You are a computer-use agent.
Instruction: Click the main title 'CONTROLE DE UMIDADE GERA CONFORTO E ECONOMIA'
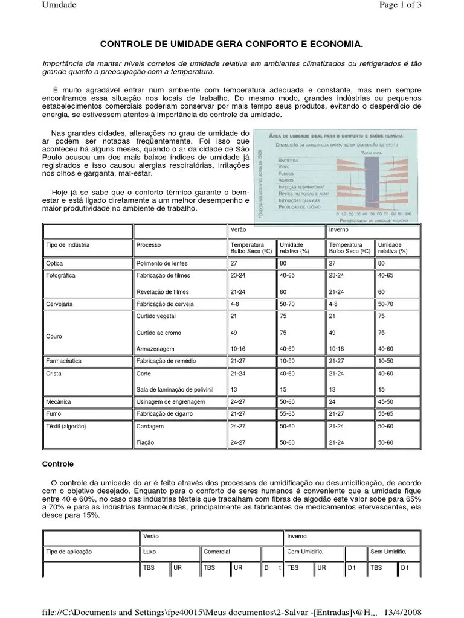pyautogui.click(x=231, y=45)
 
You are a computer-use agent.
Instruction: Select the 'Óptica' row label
pyautogui.click(x=54, y=264)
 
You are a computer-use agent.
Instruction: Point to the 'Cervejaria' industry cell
pyautogui.click(x=59, y=304)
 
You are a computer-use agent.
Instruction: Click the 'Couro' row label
pyautogui.click(x=54, y=336)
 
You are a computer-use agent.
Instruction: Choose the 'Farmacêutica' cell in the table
pyautogui.click(x=63, y=361)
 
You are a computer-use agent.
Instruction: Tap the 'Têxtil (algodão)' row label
pyautogui.click(x=66, y=426)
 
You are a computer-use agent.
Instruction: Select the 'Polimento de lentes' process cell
pyautogui.click(x=163, y=264)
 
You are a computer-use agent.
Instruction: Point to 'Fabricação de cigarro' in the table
pyautogui.click(x=165, y=414)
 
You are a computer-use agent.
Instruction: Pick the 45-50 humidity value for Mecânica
pyautogui.click(x=385, y=401)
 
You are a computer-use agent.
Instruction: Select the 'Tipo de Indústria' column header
pyautogui.click(x=68, y=245)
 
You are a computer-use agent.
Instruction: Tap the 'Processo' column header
pyautogui.click(x=149, y=245)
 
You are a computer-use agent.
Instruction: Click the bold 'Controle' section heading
pyautogui.click(x=57, y=465)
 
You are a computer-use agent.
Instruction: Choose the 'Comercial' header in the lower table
pyautogui.click(x=217, y=552)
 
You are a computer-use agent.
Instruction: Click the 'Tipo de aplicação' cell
pyautogui.click(x=69, y=552)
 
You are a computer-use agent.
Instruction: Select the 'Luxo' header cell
pyautogui.click(x=149, y=552)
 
